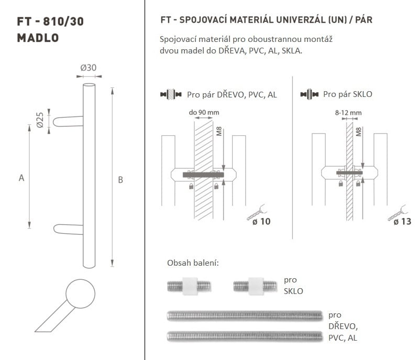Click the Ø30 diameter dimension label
point(88,68)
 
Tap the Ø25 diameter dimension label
point(40,120)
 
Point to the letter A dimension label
point(21,178)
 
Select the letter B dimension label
point(120,180)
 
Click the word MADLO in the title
point(38,38)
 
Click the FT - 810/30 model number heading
point(50,21)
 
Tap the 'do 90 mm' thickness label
point(204,113)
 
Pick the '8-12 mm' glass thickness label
point(348,113)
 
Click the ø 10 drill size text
point(261,222)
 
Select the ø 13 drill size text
point(402,222)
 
